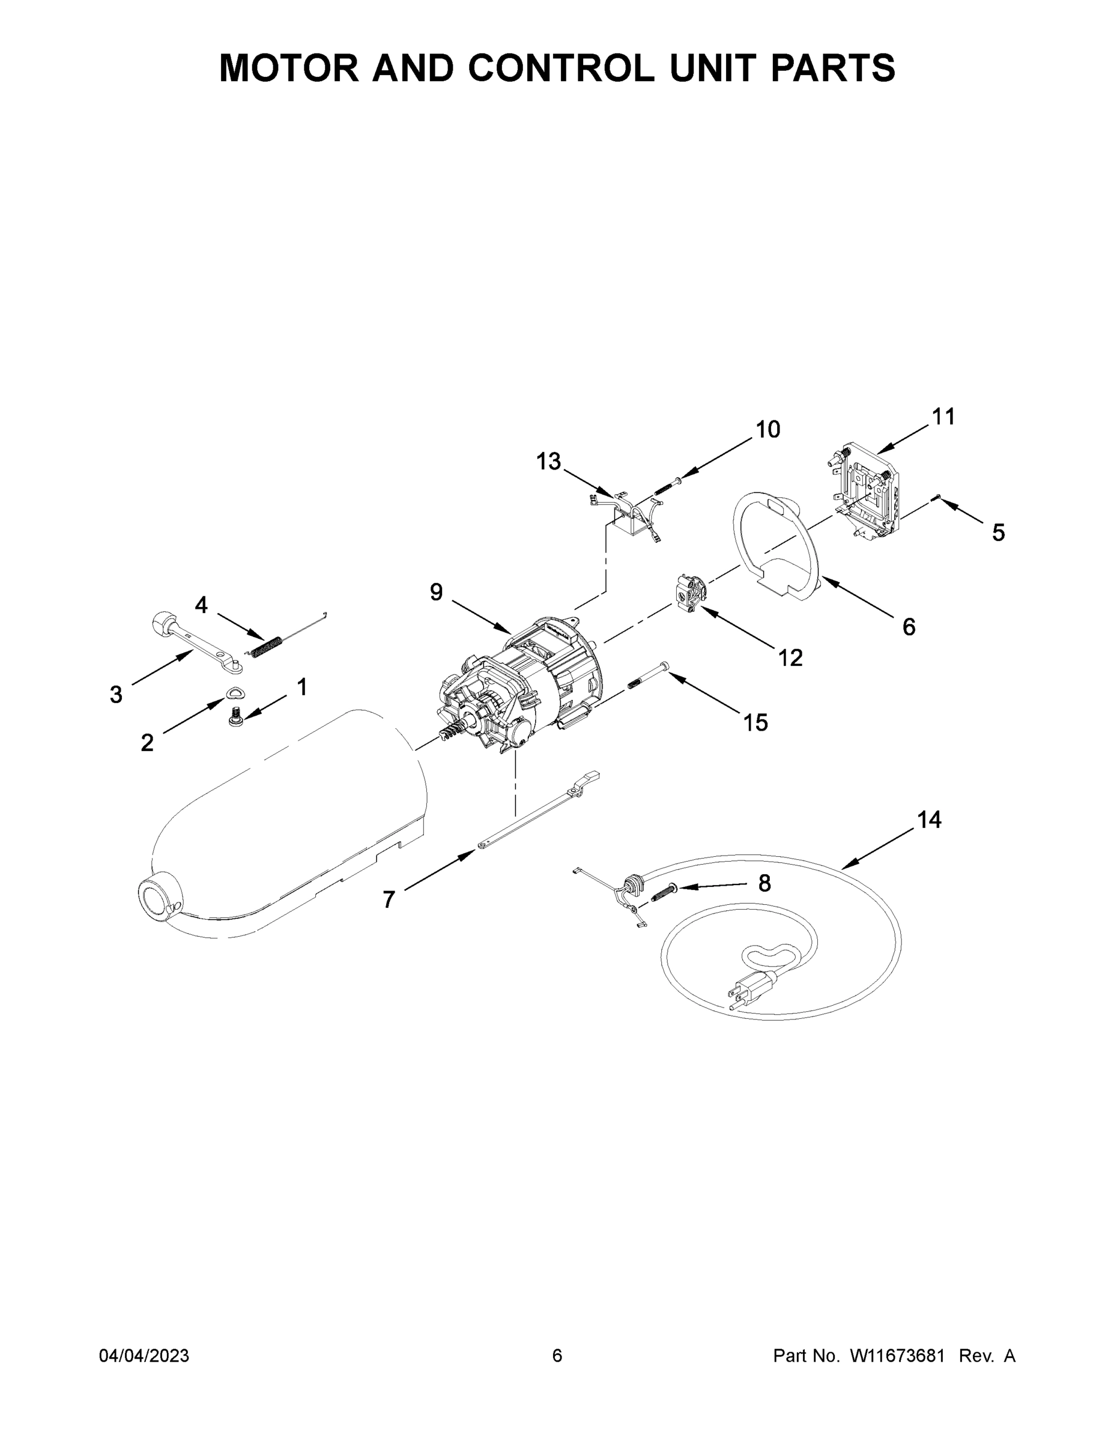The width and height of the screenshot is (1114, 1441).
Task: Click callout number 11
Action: [x=943, y=417]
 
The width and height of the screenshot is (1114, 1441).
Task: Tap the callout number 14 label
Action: [x=928, y=820]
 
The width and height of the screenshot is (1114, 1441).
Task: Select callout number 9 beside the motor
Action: [x=436, y=593]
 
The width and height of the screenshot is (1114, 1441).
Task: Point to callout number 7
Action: [x=389, y=899]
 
